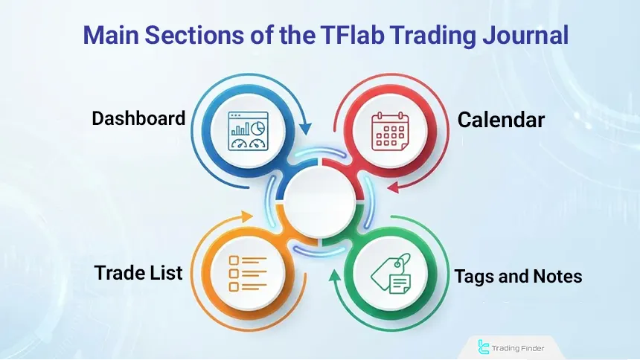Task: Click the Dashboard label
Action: (138, 119)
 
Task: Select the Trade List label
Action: (138, 273)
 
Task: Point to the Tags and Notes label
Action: (518, 277)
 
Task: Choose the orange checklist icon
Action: (247, 271)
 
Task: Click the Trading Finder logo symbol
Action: (484, 346)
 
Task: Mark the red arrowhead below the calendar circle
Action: (394, 188)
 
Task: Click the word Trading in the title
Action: (434, 36)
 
